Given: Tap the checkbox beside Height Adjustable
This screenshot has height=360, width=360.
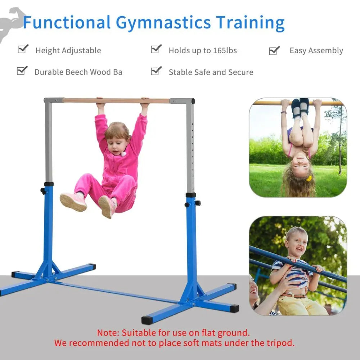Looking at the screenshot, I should [x=23, y=49].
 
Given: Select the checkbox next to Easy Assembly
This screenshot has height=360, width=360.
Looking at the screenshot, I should [x=274, y=50].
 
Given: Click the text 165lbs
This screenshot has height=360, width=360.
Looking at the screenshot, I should [x=225, y=50].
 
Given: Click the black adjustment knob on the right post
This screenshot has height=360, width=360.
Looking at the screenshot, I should [x=198, y=203].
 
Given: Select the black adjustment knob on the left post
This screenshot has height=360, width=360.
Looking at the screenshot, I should [x=43, y=191].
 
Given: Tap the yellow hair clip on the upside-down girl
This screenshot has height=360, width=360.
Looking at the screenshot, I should [x=309, y=179].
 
